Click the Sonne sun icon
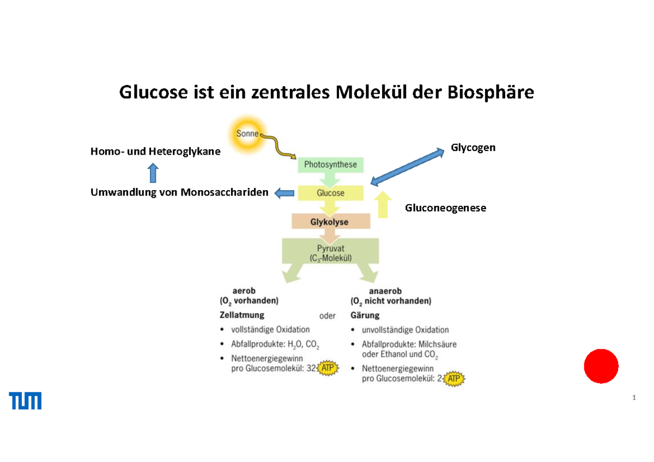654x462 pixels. [x=249, y=133]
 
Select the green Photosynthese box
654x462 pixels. [x=330, y=165]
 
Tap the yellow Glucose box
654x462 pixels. [x=330, y=193]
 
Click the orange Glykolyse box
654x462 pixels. [x=330, y=222]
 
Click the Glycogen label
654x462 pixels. [x=473, y=147]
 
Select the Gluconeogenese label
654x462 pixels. [x=445, y=208]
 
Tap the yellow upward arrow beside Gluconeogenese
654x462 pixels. [x=384, y=204]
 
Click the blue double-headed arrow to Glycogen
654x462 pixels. [x=407, y=164]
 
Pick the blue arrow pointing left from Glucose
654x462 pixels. [x=283, y=193]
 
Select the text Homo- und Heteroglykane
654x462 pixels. [x=155, y=152]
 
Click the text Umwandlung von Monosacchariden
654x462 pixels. [x=179, y=192]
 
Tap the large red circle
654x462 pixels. [x=601, y=366]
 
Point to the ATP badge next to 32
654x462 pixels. [x=328, y=368]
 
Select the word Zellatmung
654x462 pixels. [x=242, y=315]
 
